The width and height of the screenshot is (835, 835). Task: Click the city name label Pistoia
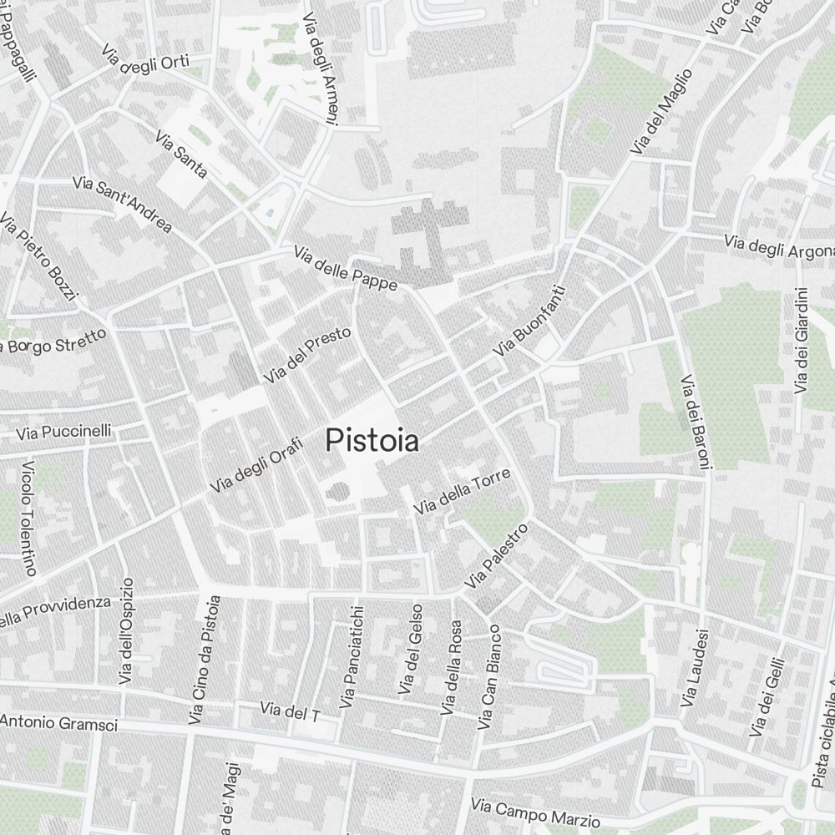372,440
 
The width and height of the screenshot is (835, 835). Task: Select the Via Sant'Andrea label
122,204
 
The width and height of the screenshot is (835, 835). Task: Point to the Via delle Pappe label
345,268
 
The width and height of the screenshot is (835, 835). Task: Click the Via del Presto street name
306,356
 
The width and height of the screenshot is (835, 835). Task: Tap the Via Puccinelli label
63,432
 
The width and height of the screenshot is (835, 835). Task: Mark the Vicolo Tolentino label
29,518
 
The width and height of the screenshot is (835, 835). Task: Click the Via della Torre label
462,491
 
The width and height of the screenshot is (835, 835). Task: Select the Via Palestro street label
498,555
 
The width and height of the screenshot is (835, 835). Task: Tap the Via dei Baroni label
695,423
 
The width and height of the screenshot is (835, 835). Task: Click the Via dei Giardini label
802,341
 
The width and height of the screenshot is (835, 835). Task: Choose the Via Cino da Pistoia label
205,659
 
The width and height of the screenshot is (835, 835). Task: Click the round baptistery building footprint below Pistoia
337,491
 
